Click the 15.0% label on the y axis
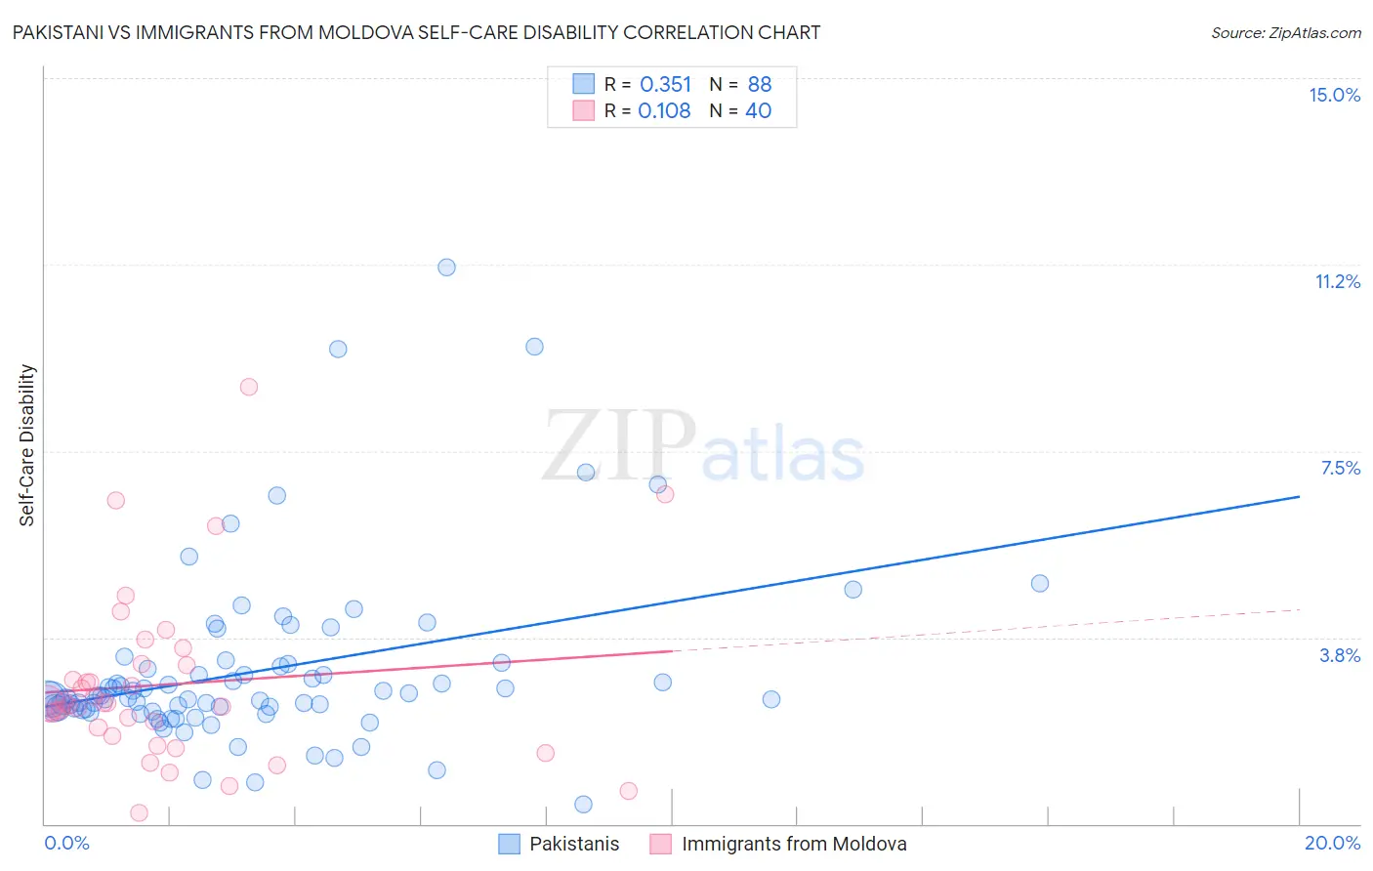pos(1334,95)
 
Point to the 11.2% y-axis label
pos(1337,281)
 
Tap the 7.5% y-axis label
pos(1340,468)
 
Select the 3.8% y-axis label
pos(1340,655)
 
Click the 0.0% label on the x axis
pos(66,843)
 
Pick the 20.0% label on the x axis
pos(1332,843)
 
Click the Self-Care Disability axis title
pos(27,445)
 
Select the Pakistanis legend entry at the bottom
pos(573,844)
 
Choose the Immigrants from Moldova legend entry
pos(793,844)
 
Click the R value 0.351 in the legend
pos(665,84)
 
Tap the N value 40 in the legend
pos(758,110)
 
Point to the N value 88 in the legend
pos(759,84)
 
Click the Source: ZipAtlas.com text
pos(1285,32)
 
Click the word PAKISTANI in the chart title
pos(62,32)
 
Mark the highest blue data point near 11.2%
pos(446,267)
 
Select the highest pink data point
pos(249,387)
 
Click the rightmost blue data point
pos(1040,583)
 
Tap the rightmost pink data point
pos(665,494)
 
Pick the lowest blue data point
pos(583,805)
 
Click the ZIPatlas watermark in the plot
pos(703,446)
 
